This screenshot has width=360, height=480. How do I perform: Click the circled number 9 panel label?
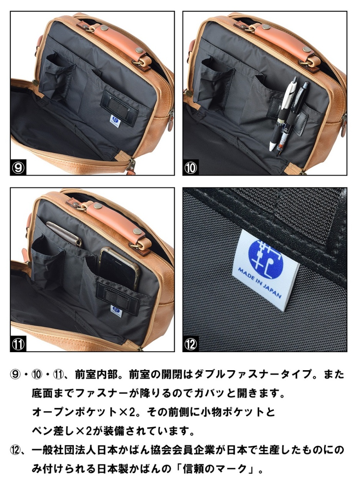tap(18, 168)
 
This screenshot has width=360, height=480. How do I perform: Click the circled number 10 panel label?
tap(191, 168)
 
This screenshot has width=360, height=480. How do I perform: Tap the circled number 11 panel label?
tap(18, 344)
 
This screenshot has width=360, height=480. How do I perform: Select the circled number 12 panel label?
tap(191, 344)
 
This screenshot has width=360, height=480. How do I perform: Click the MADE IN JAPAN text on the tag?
tap(259, 283)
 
